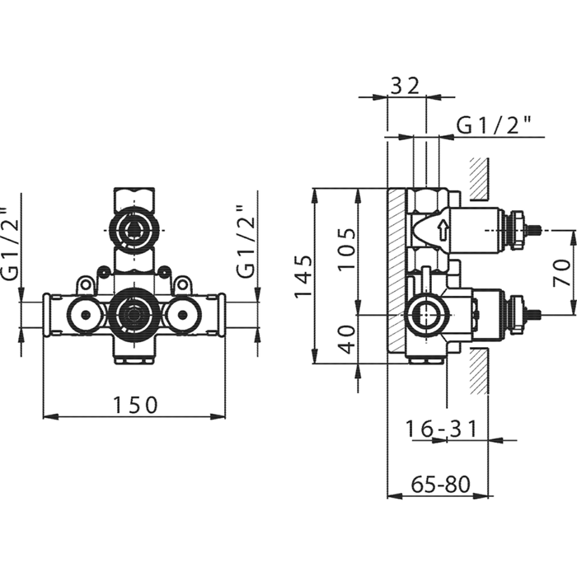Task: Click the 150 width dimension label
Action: pos(135,404)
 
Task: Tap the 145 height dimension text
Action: pos(303,276)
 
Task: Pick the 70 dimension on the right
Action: pos(561,272)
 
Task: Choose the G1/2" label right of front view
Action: pos(244,245)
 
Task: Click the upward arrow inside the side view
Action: pos(443,228)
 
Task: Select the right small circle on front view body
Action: pos(181,314)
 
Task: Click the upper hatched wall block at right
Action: pos(479,177)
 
